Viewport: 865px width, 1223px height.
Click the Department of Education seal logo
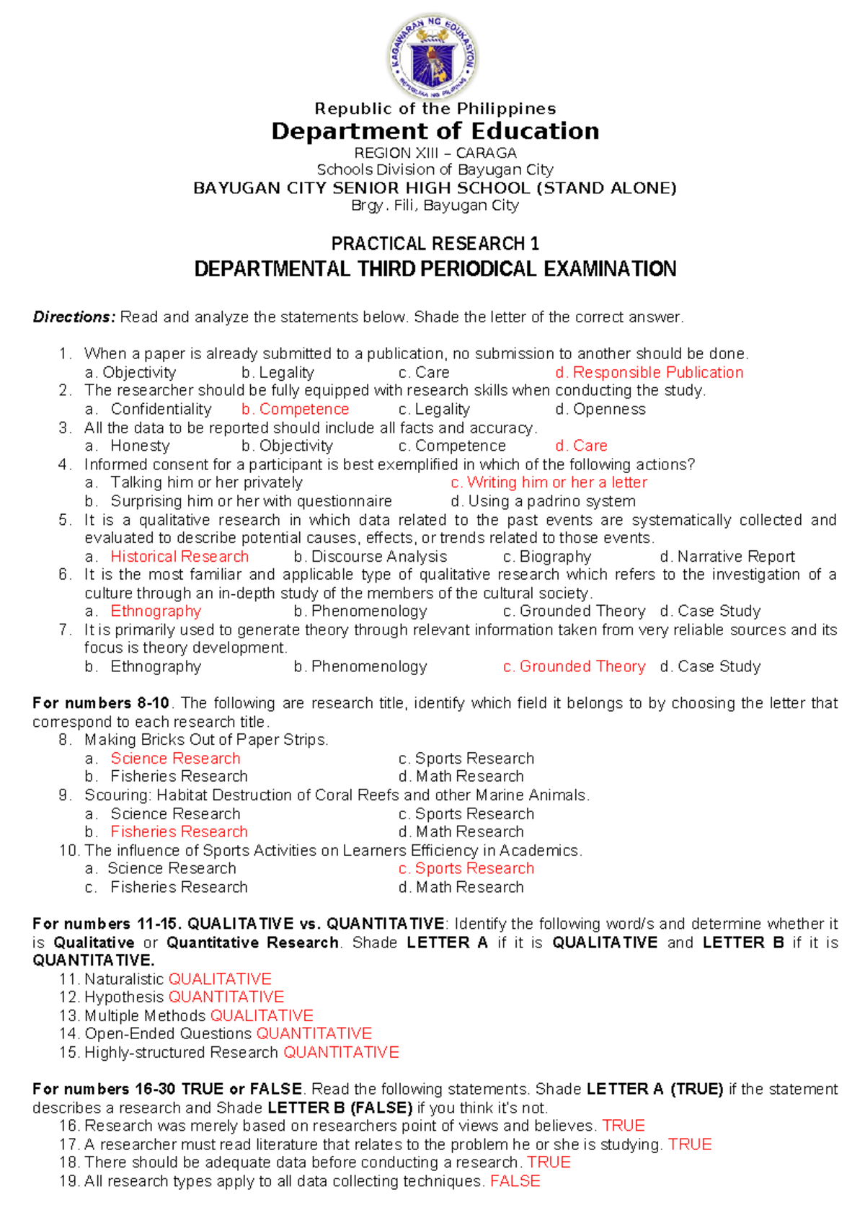click(433, 57)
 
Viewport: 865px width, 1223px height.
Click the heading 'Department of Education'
click(435, 131)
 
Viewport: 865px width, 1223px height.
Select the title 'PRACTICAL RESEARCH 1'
click(435, 244)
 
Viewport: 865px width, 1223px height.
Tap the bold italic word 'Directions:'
click(74, 317)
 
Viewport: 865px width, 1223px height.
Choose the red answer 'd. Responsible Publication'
click(649, 373)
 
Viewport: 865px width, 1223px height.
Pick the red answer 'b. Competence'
click(295, 410)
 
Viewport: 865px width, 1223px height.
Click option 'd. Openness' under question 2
click(600, 410)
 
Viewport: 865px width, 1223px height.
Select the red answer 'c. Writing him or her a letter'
click(549, 482)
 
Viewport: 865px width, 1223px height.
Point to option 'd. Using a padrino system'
click(543, 501)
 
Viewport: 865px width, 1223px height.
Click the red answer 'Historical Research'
click(179, 557)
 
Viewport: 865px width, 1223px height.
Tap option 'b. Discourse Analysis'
click(371, 557)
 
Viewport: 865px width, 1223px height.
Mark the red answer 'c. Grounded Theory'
click(574, 666)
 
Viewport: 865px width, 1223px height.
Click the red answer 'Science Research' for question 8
click(175, 759)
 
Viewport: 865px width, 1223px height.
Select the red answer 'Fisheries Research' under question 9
click(179, 831)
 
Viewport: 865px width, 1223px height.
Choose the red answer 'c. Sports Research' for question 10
click(466, 868)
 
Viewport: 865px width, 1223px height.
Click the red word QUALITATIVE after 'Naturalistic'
click(220, 979)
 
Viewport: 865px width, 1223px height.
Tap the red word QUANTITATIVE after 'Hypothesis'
click(226, 997)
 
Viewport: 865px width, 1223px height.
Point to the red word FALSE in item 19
click(515, 1181)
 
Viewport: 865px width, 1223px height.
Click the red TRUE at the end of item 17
click(690, 1144)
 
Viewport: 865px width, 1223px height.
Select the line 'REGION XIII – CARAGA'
click(435, 153)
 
